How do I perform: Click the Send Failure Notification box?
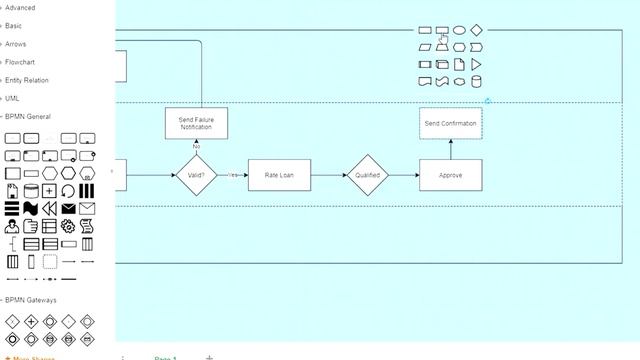click(x=196, y=123)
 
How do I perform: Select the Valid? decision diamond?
click(x=196, y=175)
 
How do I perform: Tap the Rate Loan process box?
click(x=279, y=175)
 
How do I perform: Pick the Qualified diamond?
click(x=367, y=175)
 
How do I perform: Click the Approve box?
click(x=450, y=175)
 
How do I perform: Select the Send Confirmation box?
click(x=450, y=123)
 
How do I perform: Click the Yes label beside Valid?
click(x=232, y=175)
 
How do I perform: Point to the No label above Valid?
click(x=196, y=147)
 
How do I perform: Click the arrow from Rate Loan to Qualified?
click(x=328, y=175)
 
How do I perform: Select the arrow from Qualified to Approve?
click(x=403, y=175)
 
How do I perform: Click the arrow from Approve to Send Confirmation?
click(x=450, y=149)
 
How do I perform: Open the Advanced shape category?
click(x=20, y=8)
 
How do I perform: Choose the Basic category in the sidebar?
click(x=14, y=26)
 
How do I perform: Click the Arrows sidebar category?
click(x=16, y=44)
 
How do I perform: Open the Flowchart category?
click(x=19, y=62)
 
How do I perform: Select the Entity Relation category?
click(x=26, y=80)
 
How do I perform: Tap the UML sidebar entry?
click(x=12, y=98)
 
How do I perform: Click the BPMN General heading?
click(x=28, y=116)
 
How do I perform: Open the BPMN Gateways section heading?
click(x=31, y=300)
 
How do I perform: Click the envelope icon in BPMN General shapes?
click(x=87, y=208)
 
